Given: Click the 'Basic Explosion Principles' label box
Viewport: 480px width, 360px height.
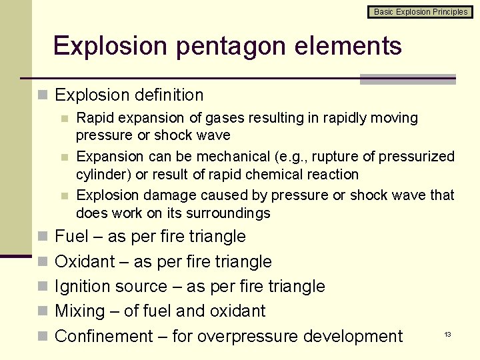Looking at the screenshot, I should point(420,12).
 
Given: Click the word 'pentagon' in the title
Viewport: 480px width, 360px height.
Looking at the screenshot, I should point(229,47).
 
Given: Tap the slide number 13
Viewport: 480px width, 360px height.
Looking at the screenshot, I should point(448,333).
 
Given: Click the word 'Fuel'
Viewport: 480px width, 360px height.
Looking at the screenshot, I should point(72,237).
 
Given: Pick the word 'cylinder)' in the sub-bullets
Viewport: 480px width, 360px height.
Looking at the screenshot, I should point(103,175).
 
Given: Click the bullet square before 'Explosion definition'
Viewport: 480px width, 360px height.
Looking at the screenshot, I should point(43,96).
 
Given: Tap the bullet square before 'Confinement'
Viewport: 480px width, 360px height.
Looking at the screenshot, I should point(43,337).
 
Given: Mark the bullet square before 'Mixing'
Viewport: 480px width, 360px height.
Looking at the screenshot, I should point(43,312).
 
